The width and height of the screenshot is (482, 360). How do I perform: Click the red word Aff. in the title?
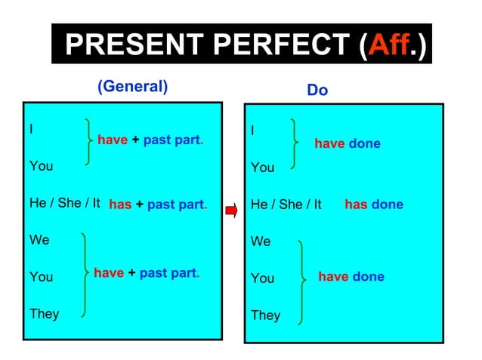coord(390,46)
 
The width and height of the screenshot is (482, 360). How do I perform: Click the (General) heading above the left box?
coord(133,86)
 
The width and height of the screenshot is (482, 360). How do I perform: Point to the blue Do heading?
coord(317,91)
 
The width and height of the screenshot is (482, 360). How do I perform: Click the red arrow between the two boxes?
coord(232,210)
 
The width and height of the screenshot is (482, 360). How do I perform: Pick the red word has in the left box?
coord(120,205)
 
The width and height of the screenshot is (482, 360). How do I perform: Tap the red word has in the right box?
coord(356,205)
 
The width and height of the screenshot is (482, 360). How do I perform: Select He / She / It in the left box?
coord(64,203)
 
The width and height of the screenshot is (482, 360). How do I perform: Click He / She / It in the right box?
coord(286,205)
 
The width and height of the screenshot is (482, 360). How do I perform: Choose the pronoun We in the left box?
coord(39,240)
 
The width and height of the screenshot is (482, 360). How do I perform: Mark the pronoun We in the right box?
coord(261,242)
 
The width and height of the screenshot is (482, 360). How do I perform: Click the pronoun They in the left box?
coord(44,313)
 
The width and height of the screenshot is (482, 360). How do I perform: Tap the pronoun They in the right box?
coord(265,315)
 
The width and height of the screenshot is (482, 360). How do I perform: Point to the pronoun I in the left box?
coord(31,128)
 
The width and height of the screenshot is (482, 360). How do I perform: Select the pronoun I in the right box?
coord(252,131)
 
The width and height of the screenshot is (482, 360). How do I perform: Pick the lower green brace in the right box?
coord(302,279)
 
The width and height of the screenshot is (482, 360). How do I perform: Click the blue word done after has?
coord(388,205)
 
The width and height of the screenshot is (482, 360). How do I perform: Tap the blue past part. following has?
coord(177,205)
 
